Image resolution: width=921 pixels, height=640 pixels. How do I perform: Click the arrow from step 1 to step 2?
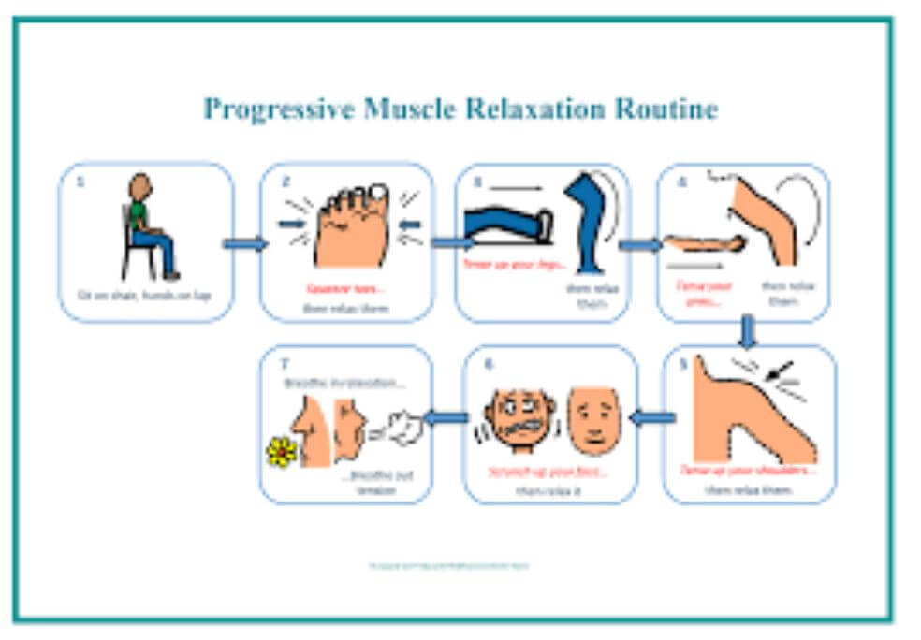point(245,244)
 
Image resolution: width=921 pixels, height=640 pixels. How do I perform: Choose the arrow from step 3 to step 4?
point(640,244)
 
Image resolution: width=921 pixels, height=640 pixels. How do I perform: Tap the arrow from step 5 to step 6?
point(652,418)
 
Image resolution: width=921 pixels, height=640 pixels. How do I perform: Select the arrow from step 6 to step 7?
point(446,418)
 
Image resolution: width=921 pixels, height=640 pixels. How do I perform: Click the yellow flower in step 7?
point(280,452)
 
